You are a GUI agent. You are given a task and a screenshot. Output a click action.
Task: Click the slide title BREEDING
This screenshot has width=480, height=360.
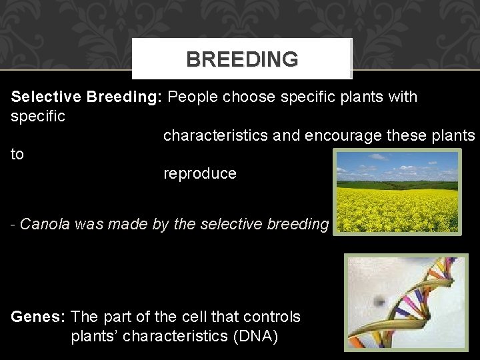[242, 59]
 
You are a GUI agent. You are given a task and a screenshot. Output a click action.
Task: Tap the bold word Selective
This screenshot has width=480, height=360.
[46, 97]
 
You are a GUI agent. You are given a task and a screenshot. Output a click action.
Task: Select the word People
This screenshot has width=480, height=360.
[193, 97]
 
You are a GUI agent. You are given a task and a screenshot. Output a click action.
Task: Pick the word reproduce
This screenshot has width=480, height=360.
[200, 174]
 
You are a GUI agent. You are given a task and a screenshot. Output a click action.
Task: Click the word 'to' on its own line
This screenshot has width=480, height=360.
[17, 155]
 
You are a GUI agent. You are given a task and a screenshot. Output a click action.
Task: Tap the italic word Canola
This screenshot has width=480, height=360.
[45, 225]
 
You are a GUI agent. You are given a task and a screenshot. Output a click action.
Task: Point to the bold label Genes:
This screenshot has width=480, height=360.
[38, 317]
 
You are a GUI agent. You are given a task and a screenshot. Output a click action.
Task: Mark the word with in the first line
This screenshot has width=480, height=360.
[402, 97]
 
